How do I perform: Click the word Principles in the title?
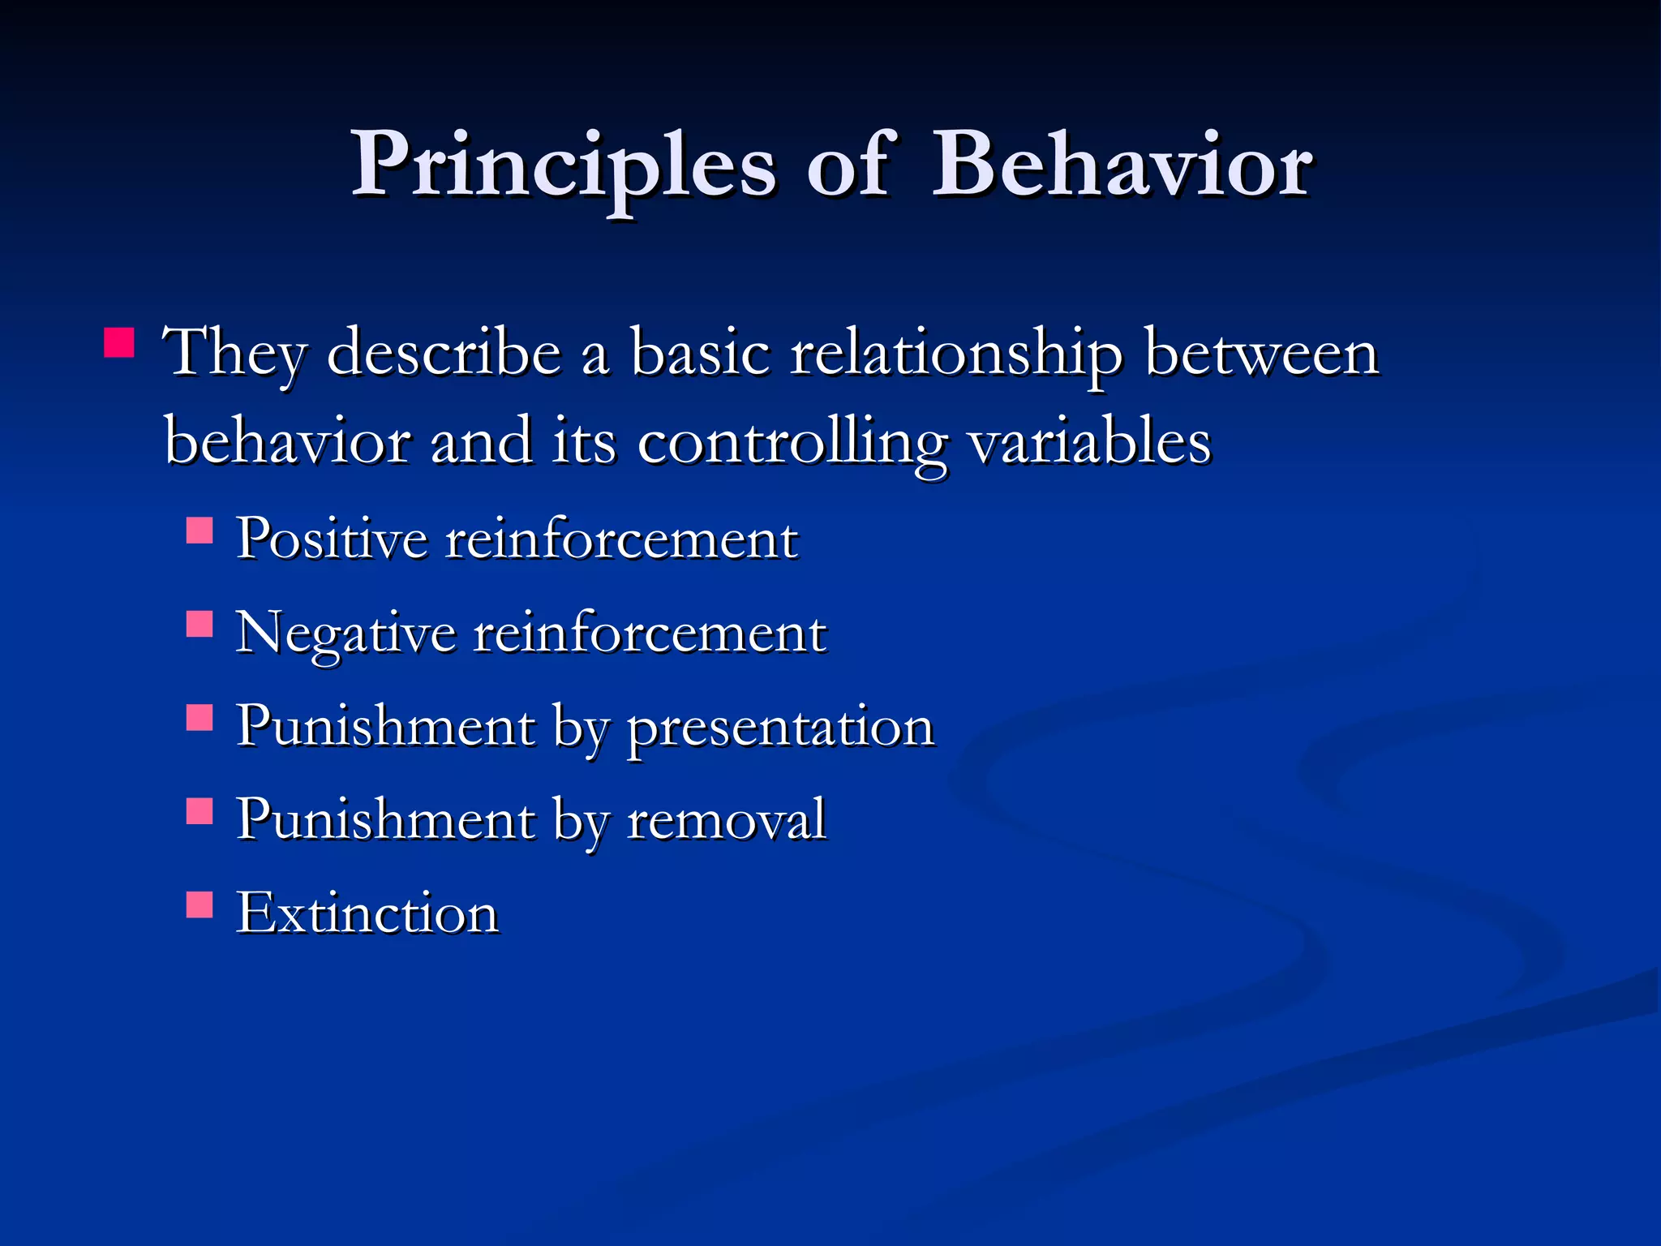point(563,166)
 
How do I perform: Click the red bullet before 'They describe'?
point(119,342)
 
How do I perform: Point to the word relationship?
point(956,354)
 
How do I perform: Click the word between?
point(1261,354)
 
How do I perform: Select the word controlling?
point(792,444)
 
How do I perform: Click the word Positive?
point(331,539)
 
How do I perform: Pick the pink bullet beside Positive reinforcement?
point(200,531)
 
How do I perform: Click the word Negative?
point(345,633)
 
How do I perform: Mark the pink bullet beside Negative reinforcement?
point(200,624)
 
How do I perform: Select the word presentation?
point(780,728)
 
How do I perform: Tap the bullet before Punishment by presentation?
point(200,717)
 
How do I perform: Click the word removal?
point(726,819)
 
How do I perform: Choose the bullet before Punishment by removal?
point(200,810)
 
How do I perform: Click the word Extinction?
point(367,913)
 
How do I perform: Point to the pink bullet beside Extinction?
point(200,904)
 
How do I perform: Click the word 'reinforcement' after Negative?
point(650,633)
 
